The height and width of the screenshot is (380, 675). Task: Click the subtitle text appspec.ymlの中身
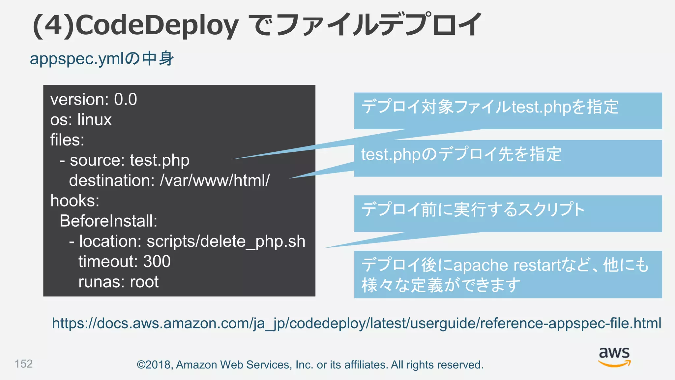click(x=102, y=59)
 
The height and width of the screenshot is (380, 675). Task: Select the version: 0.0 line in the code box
click(x=94, y=99)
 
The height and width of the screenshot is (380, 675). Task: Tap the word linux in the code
click(x=95, y=120)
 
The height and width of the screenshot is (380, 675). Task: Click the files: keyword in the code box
click(x=67, y=140)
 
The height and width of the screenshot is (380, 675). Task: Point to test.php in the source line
click(x=160, y=160)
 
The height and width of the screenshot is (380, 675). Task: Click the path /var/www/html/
click(x=215, y=180)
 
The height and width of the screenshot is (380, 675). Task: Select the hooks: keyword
click(x=75, y=201)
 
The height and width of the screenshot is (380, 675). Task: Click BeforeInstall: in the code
click(x=108, y=221)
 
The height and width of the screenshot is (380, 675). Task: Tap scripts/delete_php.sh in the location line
click(x=226, y=241)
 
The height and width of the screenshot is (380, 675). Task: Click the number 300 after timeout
click(x=157, y=262)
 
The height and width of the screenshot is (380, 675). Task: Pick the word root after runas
click(x=144, y=282)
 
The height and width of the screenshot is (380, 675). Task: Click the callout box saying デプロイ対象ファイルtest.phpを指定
click(x=508, y=111)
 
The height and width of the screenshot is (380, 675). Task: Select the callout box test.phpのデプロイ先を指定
click(x=508, y=158)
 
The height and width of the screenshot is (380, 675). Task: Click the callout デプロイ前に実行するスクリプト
click(x=508, y=213)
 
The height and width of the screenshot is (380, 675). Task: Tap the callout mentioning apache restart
click(x=508, y=274)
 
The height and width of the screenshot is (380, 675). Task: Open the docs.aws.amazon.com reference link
click(x=356, y=323)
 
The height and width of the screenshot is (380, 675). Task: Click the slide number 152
click(x=24, y=364)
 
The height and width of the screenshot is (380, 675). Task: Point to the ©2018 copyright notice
click(x=310, y=365)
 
